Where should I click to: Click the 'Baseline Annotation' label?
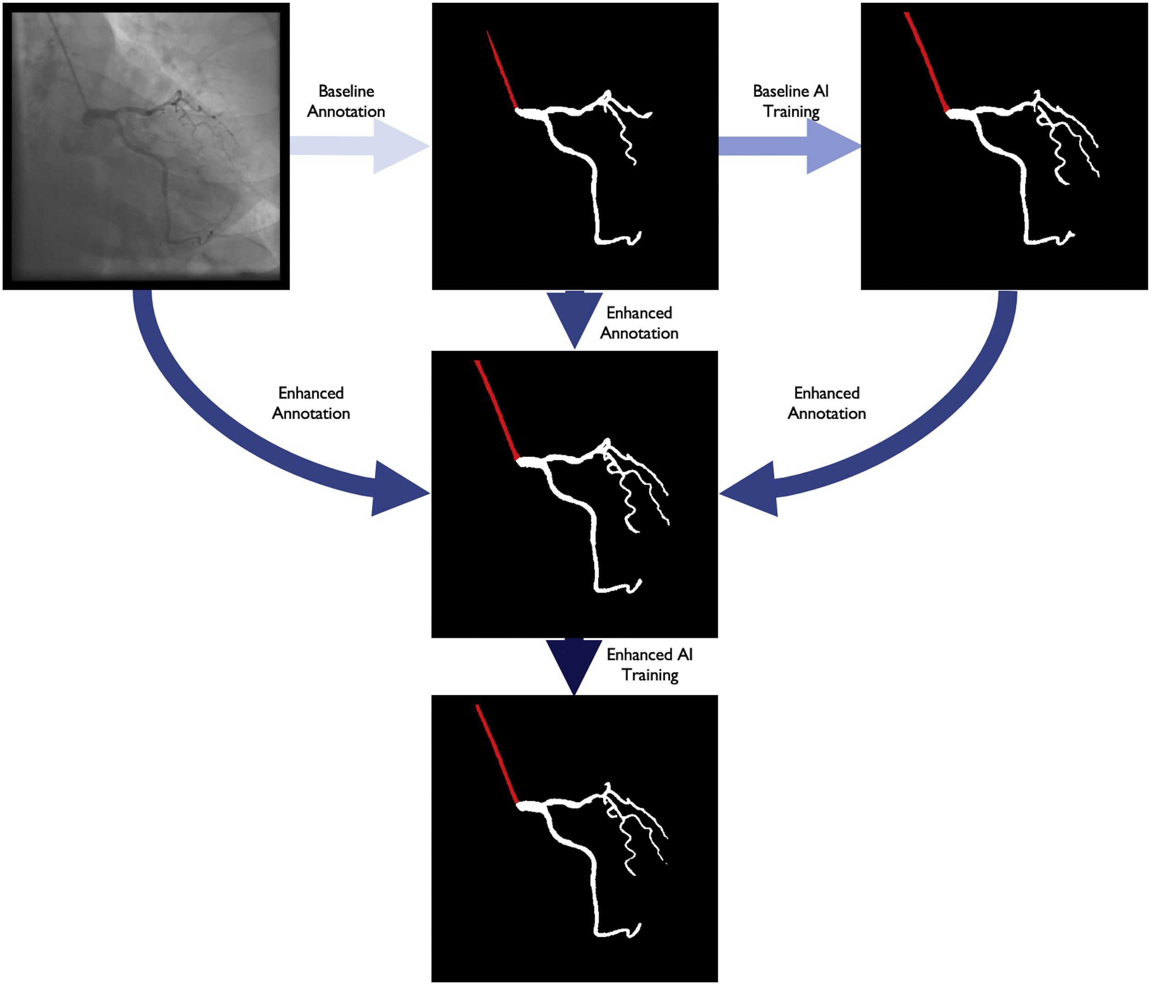[x=346, y=101]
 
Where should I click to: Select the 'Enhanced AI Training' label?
[x=649, y=665]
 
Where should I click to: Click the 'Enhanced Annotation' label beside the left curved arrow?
[x=311, y=403]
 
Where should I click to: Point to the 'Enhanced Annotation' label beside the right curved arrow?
[x=827, y=403]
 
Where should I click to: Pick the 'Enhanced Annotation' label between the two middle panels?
[x=639, y=323]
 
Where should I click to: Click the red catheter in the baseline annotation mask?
[x=502, y=69]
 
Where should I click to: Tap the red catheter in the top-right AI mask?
[x=926, y=61]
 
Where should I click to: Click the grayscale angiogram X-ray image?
[x=146, y=146]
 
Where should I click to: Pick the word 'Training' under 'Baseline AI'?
[x=791, y=112]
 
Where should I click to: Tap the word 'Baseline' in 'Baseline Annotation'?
[x=346, y=91]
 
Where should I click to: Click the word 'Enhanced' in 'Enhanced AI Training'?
[x=633, y=655]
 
